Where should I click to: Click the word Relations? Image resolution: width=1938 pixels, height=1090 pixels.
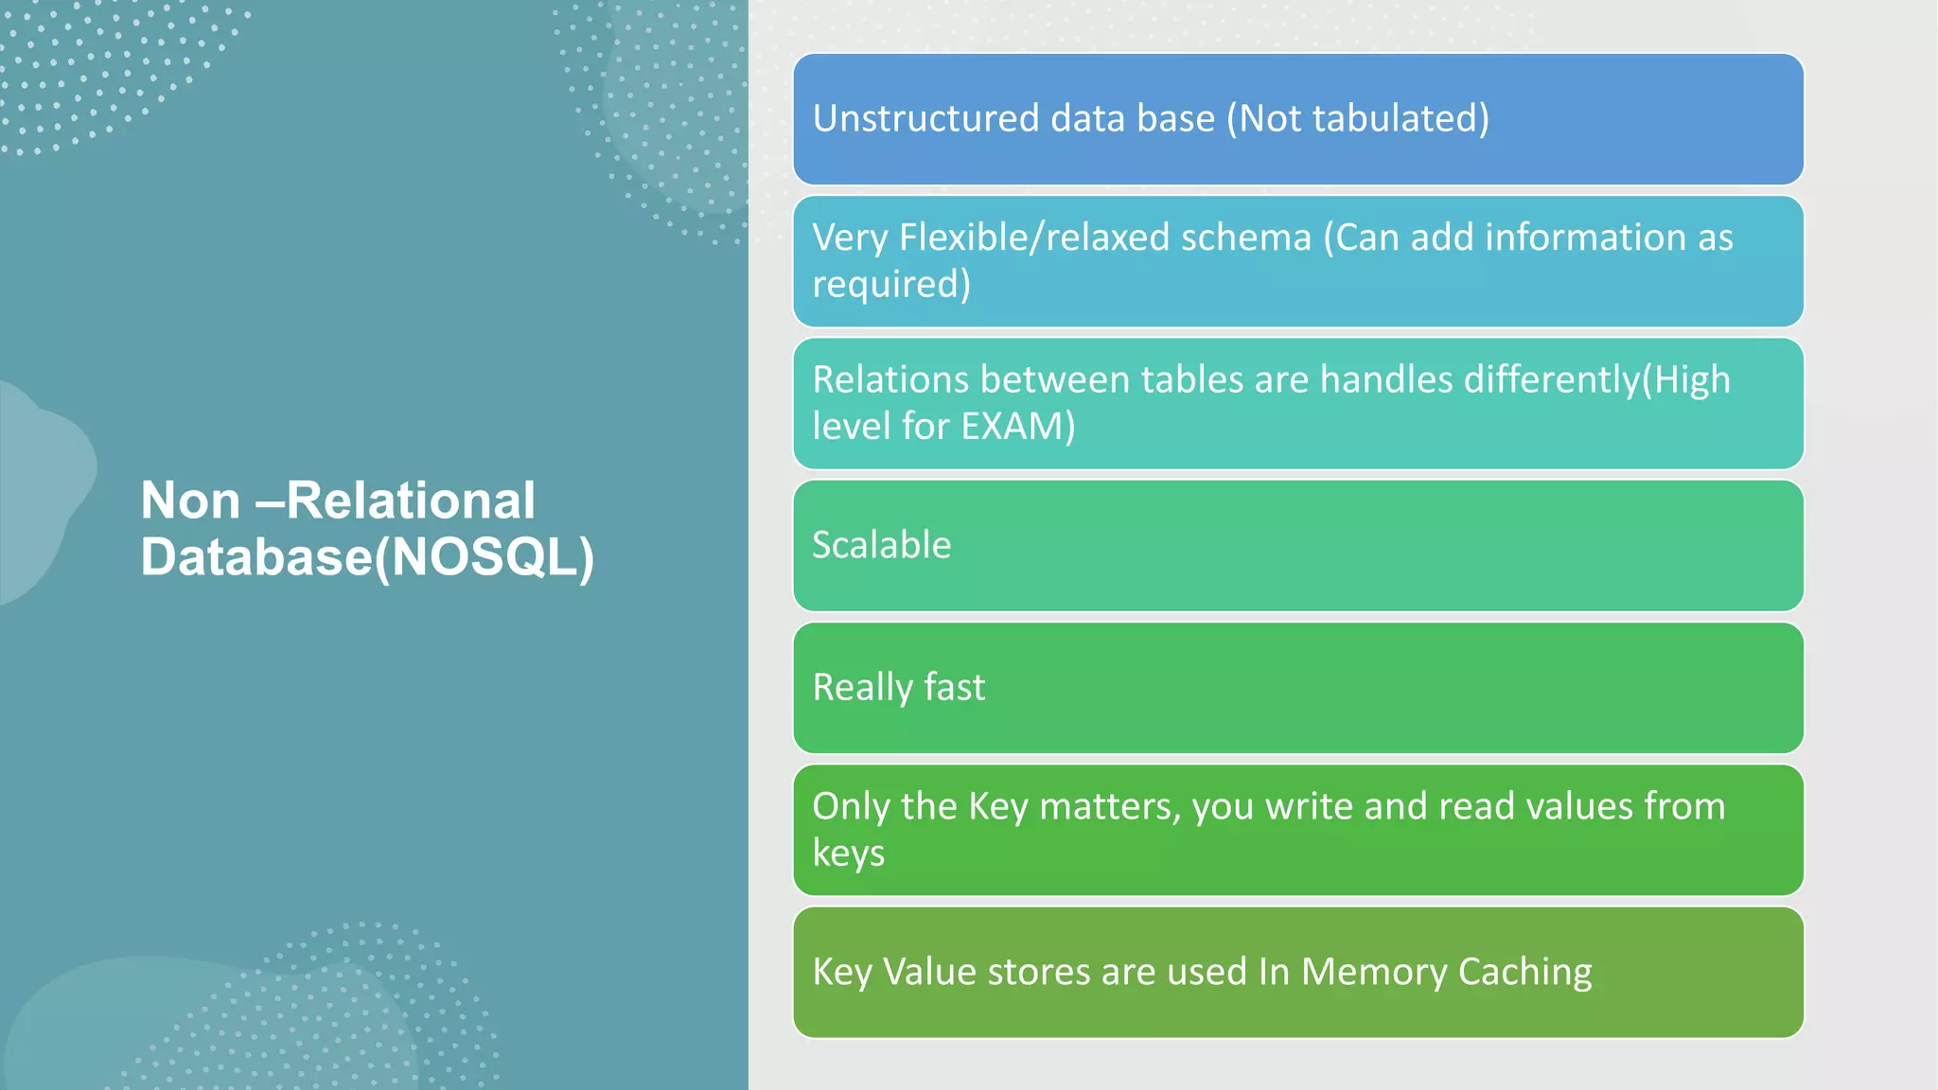[890, 379]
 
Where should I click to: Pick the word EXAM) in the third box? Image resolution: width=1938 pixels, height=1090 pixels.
[1017, 427]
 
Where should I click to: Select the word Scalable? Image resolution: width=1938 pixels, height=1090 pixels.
[881, 546]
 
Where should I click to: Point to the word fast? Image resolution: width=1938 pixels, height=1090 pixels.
[954, 688]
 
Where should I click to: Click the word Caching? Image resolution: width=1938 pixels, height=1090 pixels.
[1524, 973]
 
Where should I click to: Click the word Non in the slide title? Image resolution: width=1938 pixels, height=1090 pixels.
[190, 501]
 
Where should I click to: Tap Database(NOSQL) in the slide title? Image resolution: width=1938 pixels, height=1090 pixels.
[367, 557]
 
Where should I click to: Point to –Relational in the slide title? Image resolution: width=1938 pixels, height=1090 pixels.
[396, 501]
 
